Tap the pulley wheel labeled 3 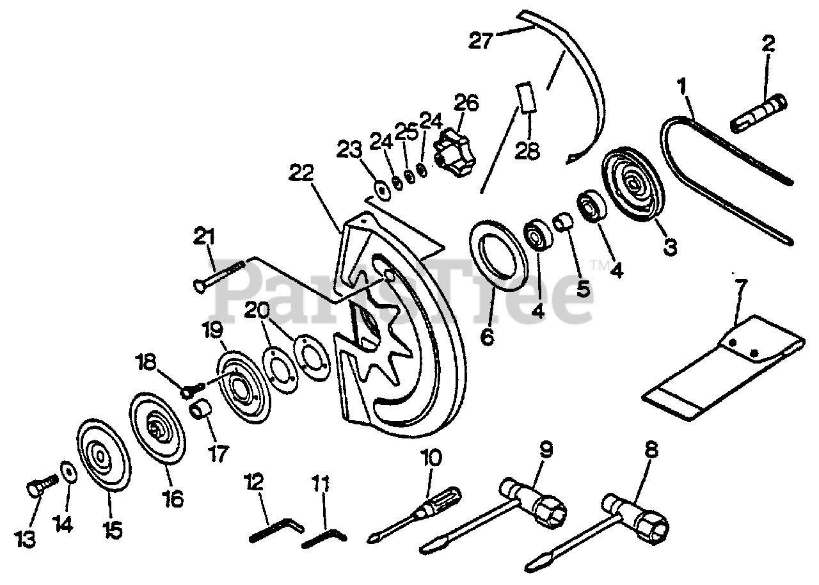pos(633,185)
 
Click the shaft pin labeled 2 pos(765,111)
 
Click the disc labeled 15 pos(103,456)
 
